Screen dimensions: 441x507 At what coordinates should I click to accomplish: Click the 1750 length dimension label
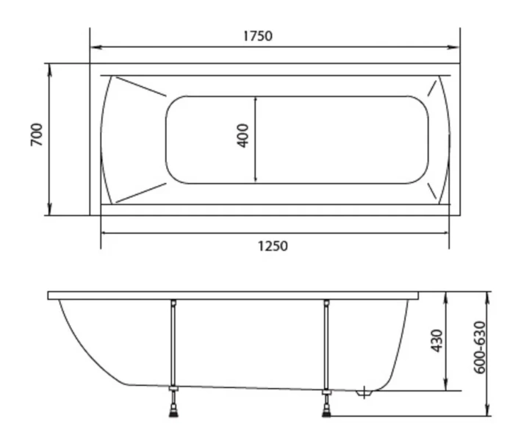257,35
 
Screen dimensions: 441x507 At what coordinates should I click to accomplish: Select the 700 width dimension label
37,135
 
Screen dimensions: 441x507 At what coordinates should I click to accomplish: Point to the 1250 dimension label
273,245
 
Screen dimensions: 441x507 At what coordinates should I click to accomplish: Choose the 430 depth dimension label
436,340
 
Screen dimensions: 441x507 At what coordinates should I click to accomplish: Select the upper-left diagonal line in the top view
140,86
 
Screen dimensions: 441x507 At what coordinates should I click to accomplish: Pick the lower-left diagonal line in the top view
140,192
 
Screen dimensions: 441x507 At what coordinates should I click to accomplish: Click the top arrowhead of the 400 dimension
255,100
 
